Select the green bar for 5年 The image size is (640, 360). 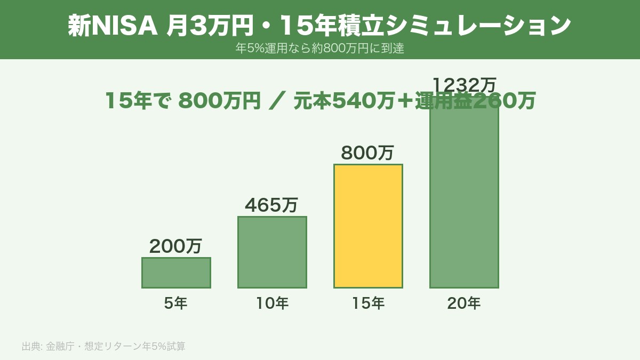[176, 273]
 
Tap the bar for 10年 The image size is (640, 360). [272, 252]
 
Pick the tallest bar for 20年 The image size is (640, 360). [464, 203]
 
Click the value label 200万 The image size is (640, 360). [175, 246]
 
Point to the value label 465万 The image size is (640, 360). [271, 205]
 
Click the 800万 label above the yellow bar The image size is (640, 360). [367, 153]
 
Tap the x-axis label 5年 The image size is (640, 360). [175, 303]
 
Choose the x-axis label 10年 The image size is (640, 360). [272, 303]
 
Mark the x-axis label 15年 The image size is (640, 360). [368, 303]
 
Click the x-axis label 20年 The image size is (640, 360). [464, 303]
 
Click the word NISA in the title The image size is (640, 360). [124, 26]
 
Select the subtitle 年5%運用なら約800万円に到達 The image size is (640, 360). [320, 48]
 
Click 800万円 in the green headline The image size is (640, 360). [219, 101]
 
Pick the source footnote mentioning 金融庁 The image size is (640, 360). [103, 346]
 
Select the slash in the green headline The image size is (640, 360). [278, 101]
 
